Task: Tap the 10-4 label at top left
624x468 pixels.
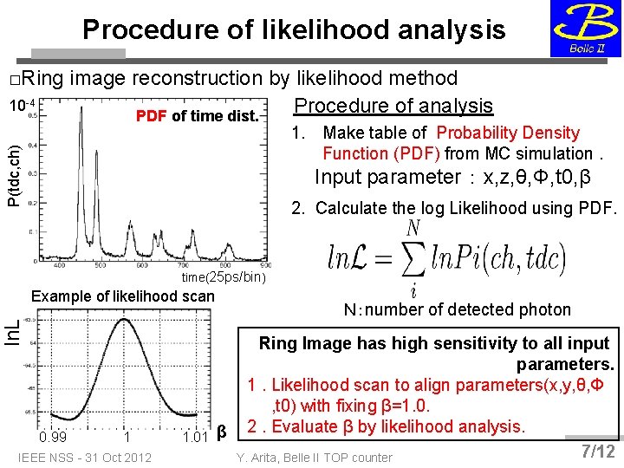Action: click(x=22, y=106)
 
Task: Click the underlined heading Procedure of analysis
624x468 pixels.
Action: click(x=394, y=106)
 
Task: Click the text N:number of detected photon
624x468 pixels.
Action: click(x=457, y=309)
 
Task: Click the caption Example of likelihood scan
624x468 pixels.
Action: click(x=122, y=296)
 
